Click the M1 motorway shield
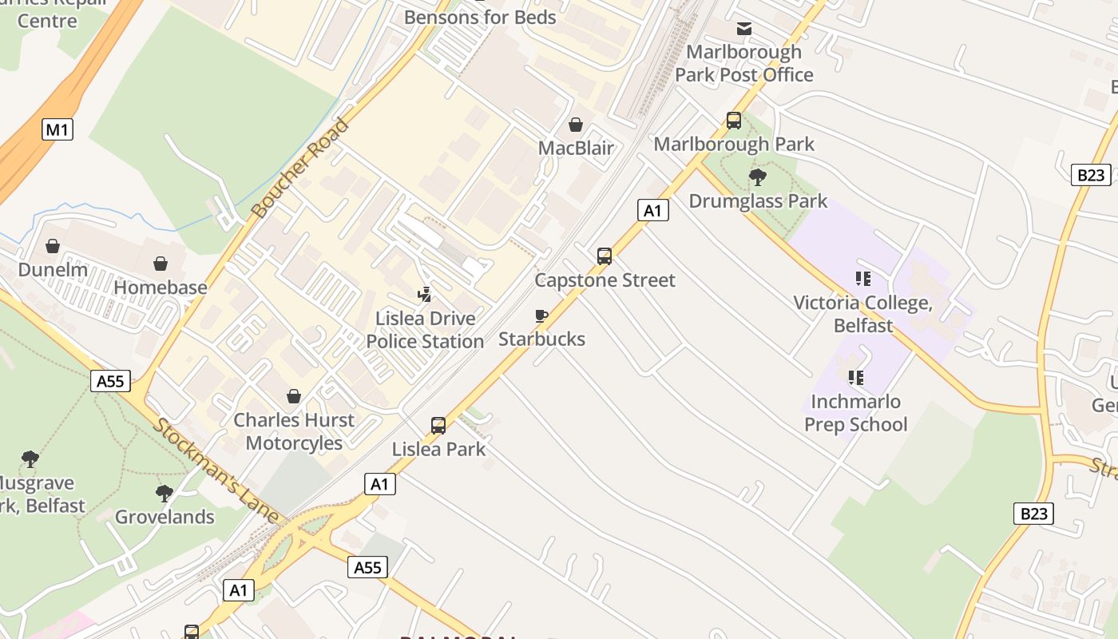pyautogui.click(x=57, y=129)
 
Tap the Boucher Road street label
pyautogui.click(x=300, y=168)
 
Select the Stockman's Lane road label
pyautogui.click(x=215, y=470)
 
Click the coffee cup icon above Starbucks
pyautogui.click(x=541, y=316)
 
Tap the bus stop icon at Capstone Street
pyautogui.click(x=605, y=256)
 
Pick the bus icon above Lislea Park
pyautogui.click(x=438, y=426)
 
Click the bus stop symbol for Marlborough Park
pyautogui.click(x=734, y=121)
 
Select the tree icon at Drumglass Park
pyautogui.click(x=758, y=177)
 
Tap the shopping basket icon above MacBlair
pyautogui.click(x=576, y=125)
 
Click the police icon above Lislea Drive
pyautogui.click(x=425, y=295)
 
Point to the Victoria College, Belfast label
pyautogui.click(x=862, y=314)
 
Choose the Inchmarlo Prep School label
pyautogui.click(x=855, y=413)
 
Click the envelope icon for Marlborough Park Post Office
pyautogui.click(x=744, y=30)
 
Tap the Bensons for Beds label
pyautogui.click(x=480, y=17)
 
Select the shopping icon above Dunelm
pyautogui.click(x=53, y=246)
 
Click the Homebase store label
pyautogui.click(x=161, y=287)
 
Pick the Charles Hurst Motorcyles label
pyautogui.click(x=294, y=431)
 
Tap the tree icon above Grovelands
pyautogui.click(x=165, y=494)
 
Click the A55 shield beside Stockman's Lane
pyautogui.click(x=110, y=381)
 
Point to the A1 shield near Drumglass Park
pyautogui.click(x=653, y=210)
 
